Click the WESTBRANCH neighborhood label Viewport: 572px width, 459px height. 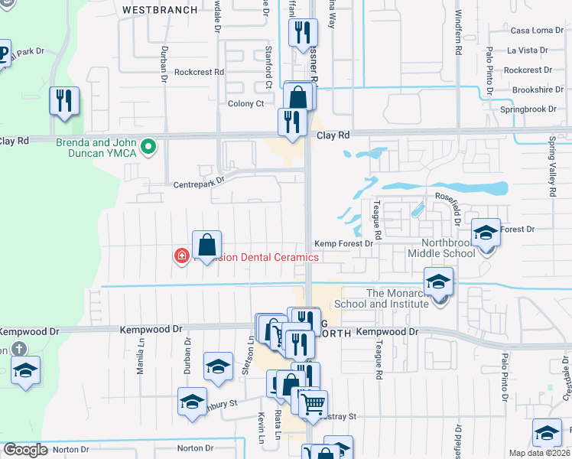pos(160,10)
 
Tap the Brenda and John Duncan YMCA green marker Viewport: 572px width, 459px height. pos(150,145)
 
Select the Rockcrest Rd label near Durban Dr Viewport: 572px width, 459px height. pos(198,72)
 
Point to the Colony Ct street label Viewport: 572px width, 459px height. pos(245,103)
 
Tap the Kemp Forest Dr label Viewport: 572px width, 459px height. pos(343,243)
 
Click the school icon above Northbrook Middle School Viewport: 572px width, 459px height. pos(485,233)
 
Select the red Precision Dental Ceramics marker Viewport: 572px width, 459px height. pos(182,256)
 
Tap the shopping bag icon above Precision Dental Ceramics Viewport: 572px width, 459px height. pos(206,245)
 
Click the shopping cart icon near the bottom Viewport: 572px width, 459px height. pos(312,404)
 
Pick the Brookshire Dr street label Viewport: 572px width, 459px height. pos(538,90)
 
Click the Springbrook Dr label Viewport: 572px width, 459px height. pos(536,109)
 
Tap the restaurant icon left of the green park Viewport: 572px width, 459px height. pos(64,101)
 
